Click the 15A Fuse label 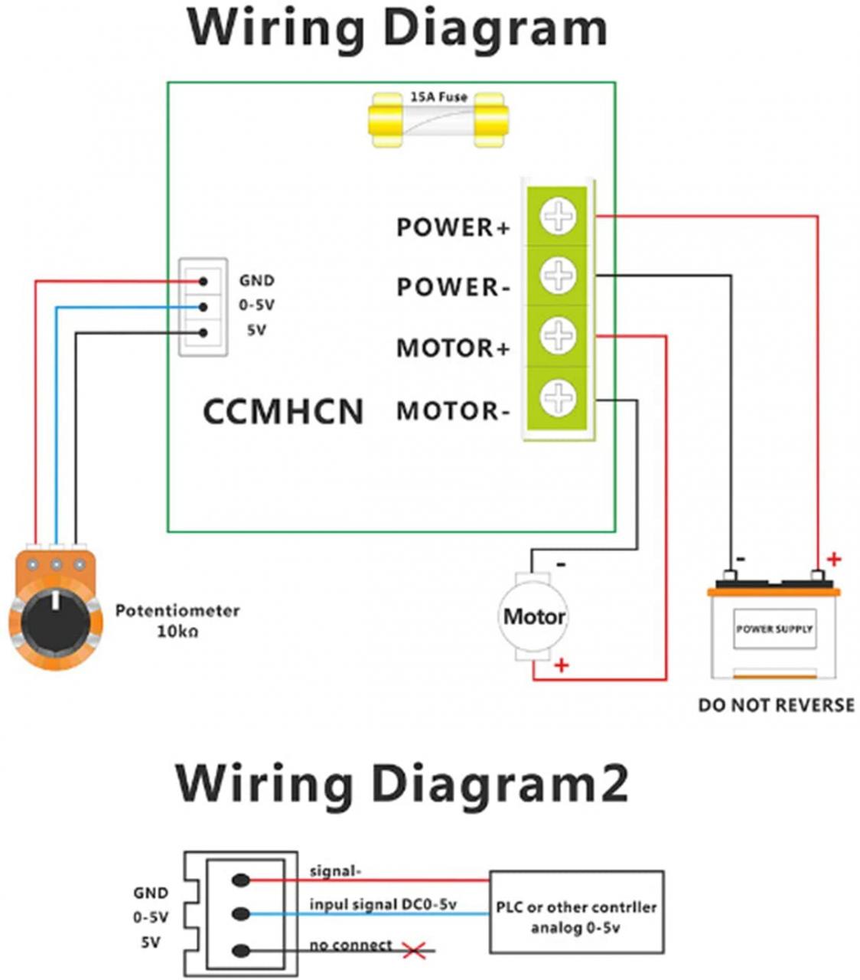pos(438,97)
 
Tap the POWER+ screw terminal pos(558,216)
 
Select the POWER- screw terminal pos(558,275)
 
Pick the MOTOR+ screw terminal pos(558,335)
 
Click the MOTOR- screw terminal pos(558,398)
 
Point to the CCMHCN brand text pos(283,412)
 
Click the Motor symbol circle pos(534,616)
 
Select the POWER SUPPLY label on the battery pos(774,629)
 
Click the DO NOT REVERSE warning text pos(776,705)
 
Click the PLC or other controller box pos(576,916)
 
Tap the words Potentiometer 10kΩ pos(177,621)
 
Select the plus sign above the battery pos(834,560)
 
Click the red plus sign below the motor pos(562,665)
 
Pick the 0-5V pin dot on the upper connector pos(203,307)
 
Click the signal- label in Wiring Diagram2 pos(335,871)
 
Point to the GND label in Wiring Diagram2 pos(150,893)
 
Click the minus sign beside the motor pos(561,564)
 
